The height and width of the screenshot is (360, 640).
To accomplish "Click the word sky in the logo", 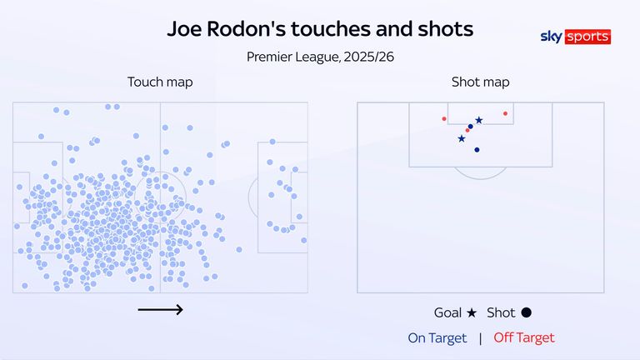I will pos(552,37).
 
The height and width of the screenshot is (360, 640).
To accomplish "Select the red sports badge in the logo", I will pos(587,37).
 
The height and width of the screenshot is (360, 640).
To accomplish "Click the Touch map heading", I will pos(160,82).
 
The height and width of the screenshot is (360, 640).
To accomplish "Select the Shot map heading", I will pos(481,82).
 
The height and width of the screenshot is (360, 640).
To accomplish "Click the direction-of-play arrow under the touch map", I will pos(160,310).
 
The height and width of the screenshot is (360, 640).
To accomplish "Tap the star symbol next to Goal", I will pos(472,313).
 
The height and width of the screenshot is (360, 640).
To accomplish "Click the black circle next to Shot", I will pos(526,313).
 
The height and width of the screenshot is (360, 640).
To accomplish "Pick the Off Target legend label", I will pos(523,337).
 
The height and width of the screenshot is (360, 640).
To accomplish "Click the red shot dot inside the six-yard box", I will pos(505,113).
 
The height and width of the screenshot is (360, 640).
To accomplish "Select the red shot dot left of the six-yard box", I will pos(444,118).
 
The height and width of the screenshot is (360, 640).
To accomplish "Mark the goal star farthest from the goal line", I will pos(462,138).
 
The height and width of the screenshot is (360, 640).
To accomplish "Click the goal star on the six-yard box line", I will pos(478,121).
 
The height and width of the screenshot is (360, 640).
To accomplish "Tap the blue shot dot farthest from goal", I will pos(477,150).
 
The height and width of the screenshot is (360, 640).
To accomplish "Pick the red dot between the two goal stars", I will pos(467,130).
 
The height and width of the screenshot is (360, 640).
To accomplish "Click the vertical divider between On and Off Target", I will pos(479,337).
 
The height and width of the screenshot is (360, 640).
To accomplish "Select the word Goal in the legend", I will pos(448,313).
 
